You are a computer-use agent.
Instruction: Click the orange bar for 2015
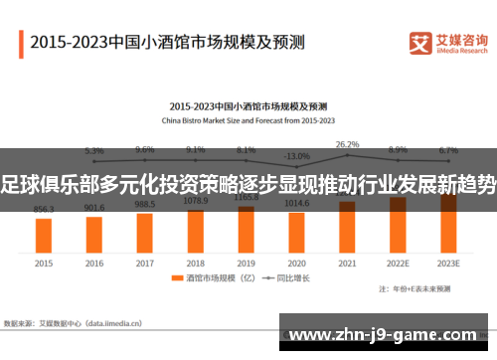coord(44,235)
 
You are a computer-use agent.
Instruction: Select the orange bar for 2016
coord(94,233)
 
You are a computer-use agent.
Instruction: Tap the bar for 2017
coord(145,231)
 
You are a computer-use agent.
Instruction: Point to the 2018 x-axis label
coord(196,264)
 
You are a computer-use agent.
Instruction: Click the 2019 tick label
coord(247,264)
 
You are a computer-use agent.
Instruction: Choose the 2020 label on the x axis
coord(296,264)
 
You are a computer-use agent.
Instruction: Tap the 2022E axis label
coord(398,264)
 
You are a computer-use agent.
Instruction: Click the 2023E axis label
coord(448,264)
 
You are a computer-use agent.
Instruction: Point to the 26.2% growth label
coord(347,144)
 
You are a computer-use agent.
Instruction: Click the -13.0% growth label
coord(296,156)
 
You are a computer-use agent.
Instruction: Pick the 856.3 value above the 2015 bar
coord(44,210)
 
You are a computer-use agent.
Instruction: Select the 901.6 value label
coord(94,208)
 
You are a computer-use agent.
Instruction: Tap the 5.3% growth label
coord(94,151)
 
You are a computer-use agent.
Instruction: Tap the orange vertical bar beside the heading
coord(22,43)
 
